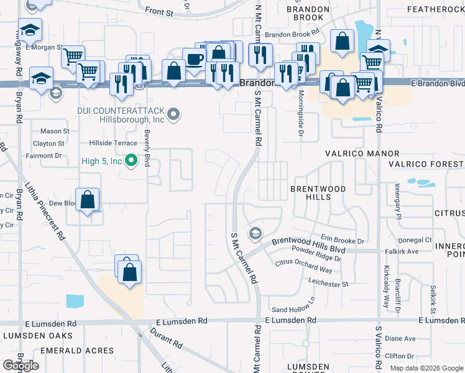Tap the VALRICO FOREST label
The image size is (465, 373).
[426, 164]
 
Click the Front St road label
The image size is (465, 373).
[159, 12]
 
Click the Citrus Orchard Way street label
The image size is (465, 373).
[304, 267]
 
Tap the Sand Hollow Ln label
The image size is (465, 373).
[293, 309]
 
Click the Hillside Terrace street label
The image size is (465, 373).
[113, 142]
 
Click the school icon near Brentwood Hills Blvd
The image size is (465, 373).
[254, 233]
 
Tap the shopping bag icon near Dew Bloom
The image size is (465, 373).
[88, 200]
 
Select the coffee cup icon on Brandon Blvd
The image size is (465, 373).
[193, 60]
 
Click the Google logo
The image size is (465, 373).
[21, 366]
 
